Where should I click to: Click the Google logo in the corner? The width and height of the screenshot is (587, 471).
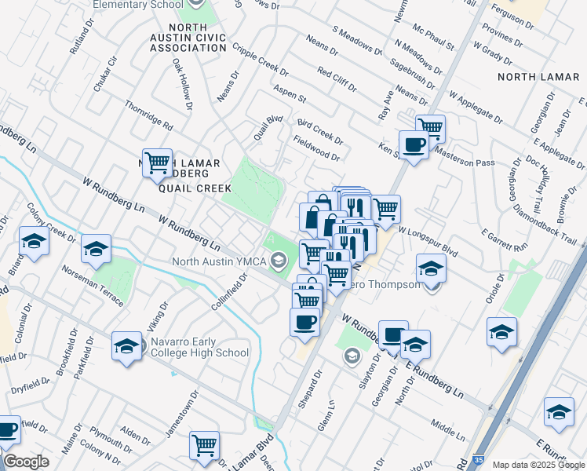click(25, 462)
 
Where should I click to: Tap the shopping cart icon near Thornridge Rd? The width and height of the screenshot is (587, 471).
click(157, 163)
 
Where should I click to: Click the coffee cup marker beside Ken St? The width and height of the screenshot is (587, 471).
click(414, 144)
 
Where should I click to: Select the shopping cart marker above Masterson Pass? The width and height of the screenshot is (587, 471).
click(430, 127)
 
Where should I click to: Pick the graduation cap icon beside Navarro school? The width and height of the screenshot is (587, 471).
click(126, 346)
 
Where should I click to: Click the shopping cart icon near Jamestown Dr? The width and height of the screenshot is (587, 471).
click(204, 444)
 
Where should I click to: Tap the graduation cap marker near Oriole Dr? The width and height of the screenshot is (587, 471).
click(501, 330)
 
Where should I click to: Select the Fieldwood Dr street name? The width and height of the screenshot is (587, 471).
click(316, 146)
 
